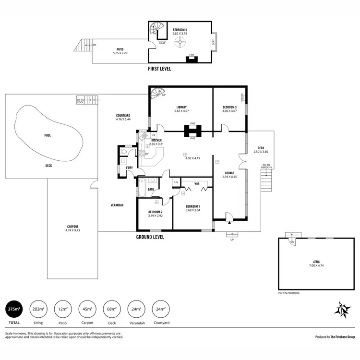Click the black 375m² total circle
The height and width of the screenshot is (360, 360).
point(14,309)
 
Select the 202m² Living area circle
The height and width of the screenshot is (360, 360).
point(38,309)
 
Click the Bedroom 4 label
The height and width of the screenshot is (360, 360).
point(180,30)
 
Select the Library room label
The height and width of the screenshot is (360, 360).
point(181,107)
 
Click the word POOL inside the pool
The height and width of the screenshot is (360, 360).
point(48,135)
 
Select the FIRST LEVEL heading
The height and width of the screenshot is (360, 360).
point(160,69)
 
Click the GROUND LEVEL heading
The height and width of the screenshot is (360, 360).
point(151,237)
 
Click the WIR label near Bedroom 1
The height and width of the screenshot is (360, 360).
point(197,184)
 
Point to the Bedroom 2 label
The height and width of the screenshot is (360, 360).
point(155,212)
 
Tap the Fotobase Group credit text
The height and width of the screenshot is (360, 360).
point(335,337)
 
